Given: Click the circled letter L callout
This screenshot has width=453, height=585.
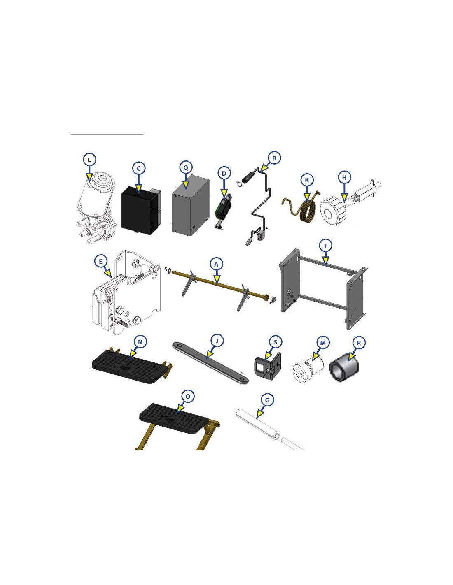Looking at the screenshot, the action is click(89, 160).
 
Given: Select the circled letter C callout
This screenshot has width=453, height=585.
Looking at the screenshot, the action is click(139, 168).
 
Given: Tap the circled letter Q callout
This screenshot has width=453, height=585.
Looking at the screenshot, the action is click(186, 167).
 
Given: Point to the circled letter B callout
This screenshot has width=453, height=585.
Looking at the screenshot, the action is click(274, 158).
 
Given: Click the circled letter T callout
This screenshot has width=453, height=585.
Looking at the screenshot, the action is click(325, 246).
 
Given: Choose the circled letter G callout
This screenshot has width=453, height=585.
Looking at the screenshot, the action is click(267, 400).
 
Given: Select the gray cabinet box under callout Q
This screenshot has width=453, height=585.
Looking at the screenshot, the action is click(191, 206).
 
